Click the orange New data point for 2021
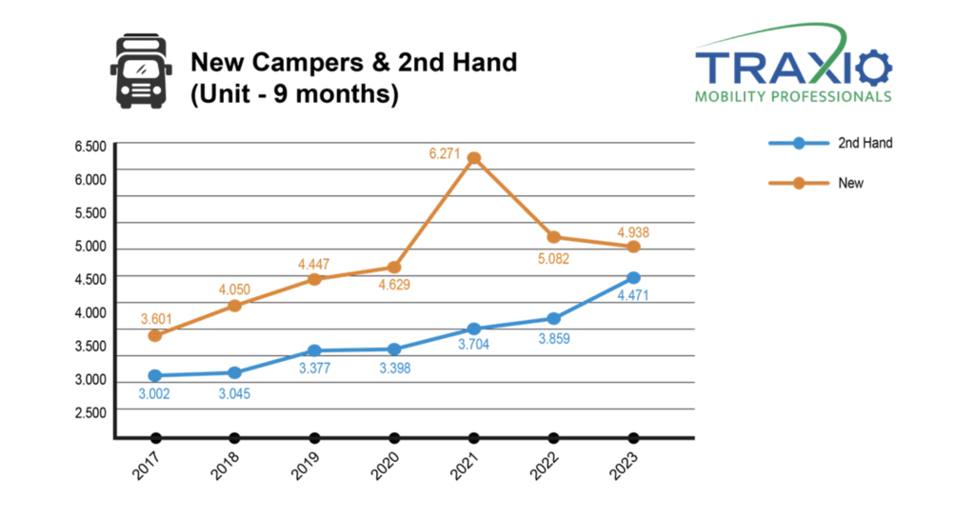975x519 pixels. click(x=474, y=158)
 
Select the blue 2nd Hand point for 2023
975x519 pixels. click(x=633, y=278)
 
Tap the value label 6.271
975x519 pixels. click(x=445, y=153)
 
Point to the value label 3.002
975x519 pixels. click(x=154, y=394)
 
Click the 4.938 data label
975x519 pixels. click(x=633, y=232)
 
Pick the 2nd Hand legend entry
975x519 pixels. click(x=830, y=143)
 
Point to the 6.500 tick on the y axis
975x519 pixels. click(x=90, y=147)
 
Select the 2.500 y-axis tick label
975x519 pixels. click(x=90, y=412)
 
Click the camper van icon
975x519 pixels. click(x=141, y=70)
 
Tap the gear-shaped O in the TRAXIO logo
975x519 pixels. click(x=873, y=68)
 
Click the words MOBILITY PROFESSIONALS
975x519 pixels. click(x=793, y=96)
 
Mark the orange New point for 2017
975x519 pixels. click(x=155, y=335)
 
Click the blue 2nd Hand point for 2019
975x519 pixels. click(x=314, y=350)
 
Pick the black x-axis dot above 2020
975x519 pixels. click(x=394, y=438)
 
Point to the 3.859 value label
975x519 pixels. click(x=554, y=339)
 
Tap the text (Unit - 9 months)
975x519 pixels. click(x=294, y=94)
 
